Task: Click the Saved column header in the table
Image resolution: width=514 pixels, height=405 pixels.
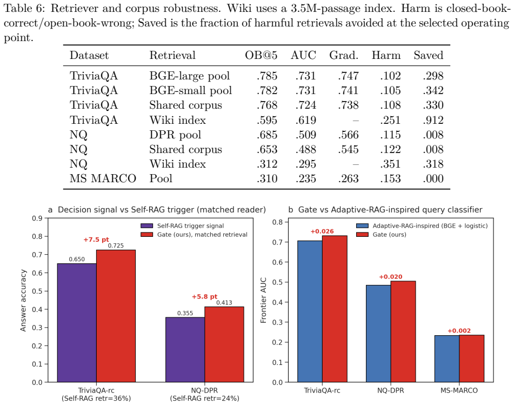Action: click(x=428, y=55)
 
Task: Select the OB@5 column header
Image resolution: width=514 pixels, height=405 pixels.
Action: click(x=261, y=55)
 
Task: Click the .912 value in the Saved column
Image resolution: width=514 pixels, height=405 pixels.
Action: click(x=433, y=120)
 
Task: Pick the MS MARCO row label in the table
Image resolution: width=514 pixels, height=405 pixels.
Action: click(x=103, y=178)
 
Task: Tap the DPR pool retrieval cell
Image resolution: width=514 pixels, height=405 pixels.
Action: click(x=175, y=135)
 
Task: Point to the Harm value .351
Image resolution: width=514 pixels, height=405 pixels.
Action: click(x=390, y=164)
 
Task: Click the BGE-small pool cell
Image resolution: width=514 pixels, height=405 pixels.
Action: click(x=190, y=90)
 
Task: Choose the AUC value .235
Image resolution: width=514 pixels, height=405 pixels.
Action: click(x=305, y=178)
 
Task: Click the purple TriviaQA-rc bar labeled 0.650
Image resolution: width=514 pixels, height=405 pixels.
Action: click(x=77, y=323)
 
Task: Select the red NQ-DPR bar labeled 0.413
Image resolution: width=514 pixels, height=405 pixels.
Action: click(x=224, y=344)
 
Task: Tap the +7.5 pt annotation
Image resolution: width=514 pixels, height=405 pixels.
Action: click(x=96, y=240)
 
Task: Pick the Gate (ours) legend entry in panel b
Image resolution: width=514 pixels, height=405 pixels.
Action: click(x=381, y=235)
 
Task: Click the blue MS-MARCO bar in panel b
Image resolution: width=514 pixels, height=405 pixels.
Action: click(x=447, y=358)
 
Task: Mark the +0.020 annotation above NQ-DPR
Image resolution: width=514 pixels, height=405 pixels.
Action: click(x=391, y=277)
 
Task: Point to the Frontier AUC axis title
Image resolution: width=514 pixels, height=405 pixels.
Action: click(x=263, y=301)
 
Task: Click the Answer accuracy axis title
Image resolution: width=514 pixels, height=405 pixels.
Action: click(x=23, y=301)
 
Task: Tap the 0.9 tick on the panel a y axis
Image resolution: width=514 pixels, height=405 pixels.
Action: click(x=38, y=218)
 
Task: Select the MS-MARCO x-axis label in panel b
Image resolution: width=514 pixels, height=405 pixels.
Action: click(x=459, y=390)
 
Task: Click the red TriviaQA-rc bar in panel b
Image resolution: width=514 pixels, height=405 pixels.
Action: click(x=335, y=309)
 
